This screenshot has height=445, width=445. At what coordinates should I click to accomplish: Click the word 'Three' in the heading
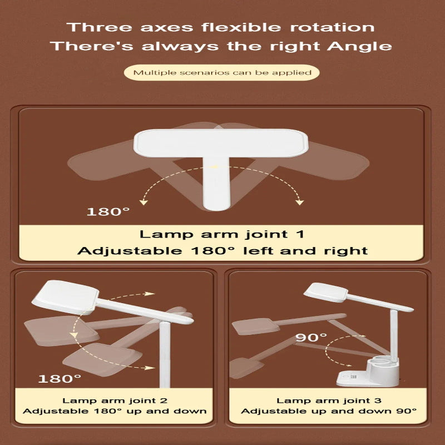pyautogui.click(x=100, y=27)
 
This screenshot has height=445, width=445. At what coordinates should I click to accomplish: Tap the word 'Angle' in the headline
pyautogui.click(x=359, y=47)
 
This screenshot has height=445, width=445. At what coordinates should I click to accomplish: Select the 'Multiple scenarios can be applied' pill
pyautogui.click(x=221, y=73)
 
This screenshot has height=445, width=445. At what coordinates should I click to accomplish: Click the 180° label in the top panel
pyautogui.click(x=108, y=211)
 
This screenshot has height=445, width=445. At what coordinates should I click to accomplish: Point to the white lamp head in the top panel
pyautogui.click(x=221, y=143)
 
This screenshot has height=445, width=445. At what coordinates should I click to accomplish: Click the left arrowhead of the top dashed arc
pyautogui.click(x=144, y=202)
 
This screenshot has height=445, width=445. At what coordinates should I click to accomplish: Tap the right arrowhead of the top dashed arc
pyautogui.click(x=299, y=202)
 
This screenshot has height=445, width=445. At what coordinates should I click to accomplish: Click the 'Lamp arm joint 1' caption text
pyautogui.click(x=221, y=234)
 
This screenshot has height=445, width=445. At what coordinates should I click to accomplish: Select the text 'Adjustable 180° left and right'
pyautogui.click(x=222, y=251)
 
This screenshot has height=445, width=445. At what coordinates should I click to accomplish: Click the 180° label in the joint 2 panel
pyautogui.click(x=60, y=379)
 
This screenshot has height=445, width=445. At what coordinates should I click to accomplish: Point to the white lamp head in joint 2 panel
pyautogui.click(x=65, y=296)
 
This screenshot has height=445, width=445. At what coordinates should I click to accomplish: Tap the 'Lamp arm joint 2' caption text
pyautogui.click(x=115, y=400)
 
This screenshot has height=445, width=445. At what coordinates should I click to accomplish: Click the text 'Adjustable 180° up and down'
pyautogui.click(x=115, y=411)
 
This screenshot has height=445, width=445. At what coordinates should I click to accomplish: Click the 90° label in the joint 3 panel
pyautogui.click(x=311, y=337)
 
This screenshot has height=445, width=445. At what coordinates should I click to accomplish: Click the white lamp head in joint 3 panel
pyautogui.click(x=326, y=293)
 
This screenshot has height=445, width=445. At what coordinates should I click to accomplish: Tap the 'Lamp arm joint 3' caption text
pyautogui.click(x=329, y=400)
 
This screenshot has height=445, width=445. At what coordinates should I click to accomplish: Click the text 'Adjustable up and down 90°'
pyautogui.click(x=329, y=411)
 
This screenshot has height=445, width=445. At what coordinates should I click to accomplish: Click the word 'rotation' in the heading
pyautogui.click(x=332, y=27)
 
